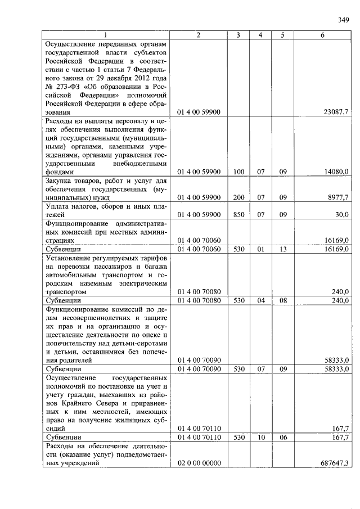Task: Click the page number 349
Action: point(344,21)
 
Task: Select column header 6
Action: point(322,35)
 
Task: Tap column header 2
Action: point(199,35)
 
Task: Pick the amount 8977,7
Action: point(336,197)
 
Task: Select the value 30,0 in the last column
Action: point(341,214)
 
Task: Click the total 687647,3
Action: point(334,462)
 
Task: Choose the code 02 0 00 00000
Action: point(199,462)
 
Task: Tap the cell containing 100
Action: point(238,172)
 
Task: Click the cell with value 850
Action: point(238,214)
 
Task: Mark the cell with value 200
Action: point(238,197)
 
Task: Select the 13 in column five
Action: point(283,249)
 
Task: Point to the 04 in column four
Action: point(260,300)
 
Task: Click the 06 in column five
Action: point(283,436)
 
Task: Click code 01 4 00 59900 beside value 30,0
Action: point(199,214)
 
